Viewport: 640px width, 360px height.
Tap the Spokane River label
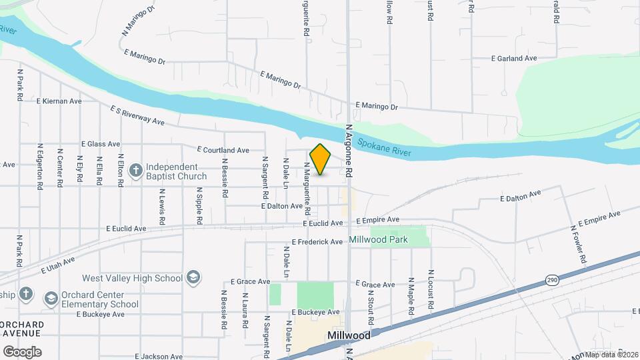click(x=384, y=148)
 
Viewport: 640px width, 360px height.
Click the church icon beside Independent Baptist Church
click(x=135, y=171)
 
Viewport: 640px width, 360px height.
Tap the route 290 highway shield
click(x=551, y=279)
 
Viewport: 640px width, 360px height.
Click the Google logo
click(x=22, y=351)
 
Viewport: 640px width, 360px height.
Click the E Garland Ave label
click(x=513, y=59)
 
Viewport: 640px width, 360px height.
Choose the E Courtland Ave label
click(x=223, y=150)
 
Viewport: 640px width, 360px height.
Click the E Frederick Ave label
click(x=317, y=242)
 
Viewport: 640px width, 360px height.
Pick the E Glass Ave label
click(x=101, y=143)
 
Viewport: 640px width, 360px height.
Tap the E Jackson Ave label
click(x=159, y=357)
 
